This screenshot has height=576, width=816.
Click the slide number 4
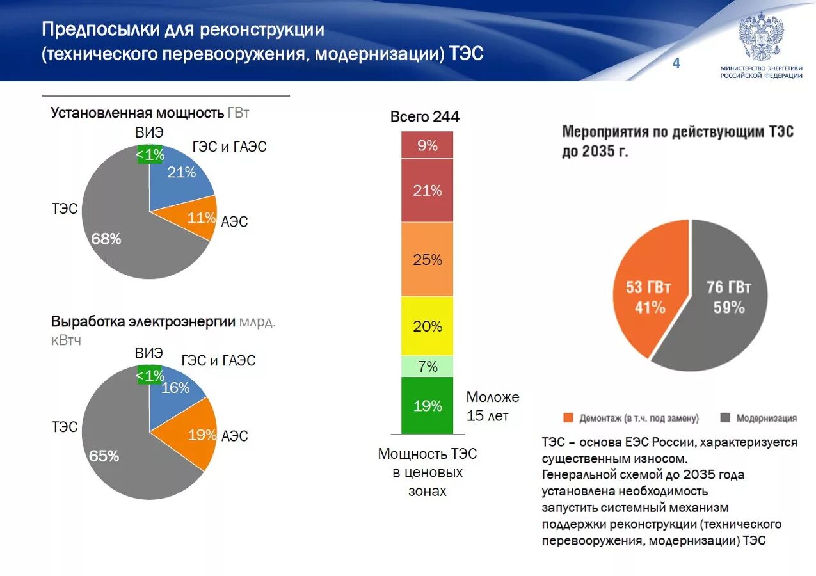click(x=676, y=63)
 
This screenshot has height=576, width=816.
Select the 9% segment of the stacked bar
click(x=427, y=145)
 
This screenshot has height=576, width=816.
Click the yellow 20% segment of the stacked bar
click(x=427, y=326)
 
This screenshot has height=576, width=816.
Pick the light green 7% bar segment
click(x=427, y=367)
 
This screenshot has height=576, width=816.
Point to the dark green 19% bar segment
click(x=427, y=406)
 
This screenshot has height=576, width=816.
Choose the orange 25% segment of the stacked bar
click(x=427, y=260)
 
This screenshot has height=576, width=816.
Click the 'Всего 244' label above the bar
click(x=425, y=116)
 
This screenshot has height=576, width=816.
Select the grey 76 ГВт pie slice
click(x=728, y=296)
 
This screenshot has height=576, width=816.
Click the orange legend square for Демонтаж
click(x=568, y=418)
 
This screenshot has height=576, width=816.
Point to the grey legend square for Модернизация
click(x=724, y=418)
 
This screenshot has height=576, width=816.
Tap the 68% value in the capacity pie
click(x=106, y=239)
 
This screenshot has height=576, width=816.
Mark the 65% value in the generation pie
click(x=104, y=456)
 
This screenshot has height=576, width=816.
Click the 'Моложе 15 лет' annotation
click(x=492, y=406)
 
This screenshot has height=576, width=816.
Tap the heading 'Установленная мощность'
click(x=138, y=113)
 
